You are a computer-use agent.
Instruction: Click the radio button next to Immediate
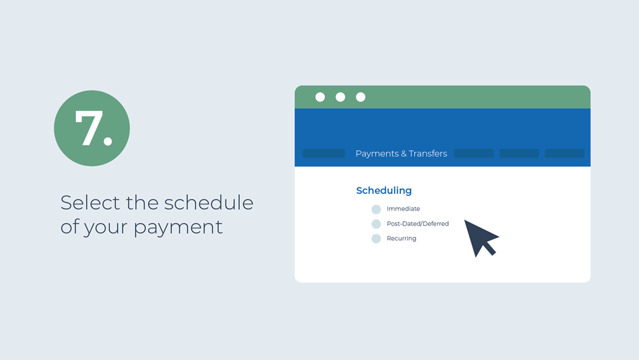tap(376, 209)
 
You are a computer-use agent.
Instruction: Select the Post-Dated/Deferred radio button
tap(376, 224)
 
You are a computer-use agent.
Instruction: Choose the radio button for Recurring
tap(376, 239)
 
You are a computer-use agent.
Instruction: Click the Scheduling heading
tap(384, 191)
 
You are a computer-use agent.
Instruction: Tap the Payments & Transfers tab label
tap(401, 153)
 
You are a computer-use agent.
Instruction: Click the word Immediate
tap(403, 209)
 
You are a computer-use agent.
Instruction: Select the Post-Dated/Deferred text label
tap(417, 224)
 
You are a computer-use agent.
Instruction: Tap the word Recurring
tap(401, 239)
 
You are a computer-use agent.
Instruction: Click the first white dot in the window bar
tap(320, 97)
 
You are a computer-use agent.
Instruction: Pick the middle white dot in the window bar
tap(340, 97)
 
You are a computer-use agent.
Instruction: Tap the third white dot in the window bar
tap(360, 97)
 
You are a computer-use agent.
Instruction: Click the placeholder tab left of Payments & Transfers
tap(324, 153)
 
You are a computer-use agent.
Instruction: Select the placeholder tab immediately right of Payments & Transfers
tap(474, 153)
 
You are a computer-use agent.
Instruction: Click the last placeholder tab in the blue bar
tap(564, 153)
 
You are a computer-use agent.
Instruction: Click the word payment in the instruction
tap(178, 228)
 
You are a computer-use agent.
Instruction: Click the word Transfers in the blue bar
tap(428, 153)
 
